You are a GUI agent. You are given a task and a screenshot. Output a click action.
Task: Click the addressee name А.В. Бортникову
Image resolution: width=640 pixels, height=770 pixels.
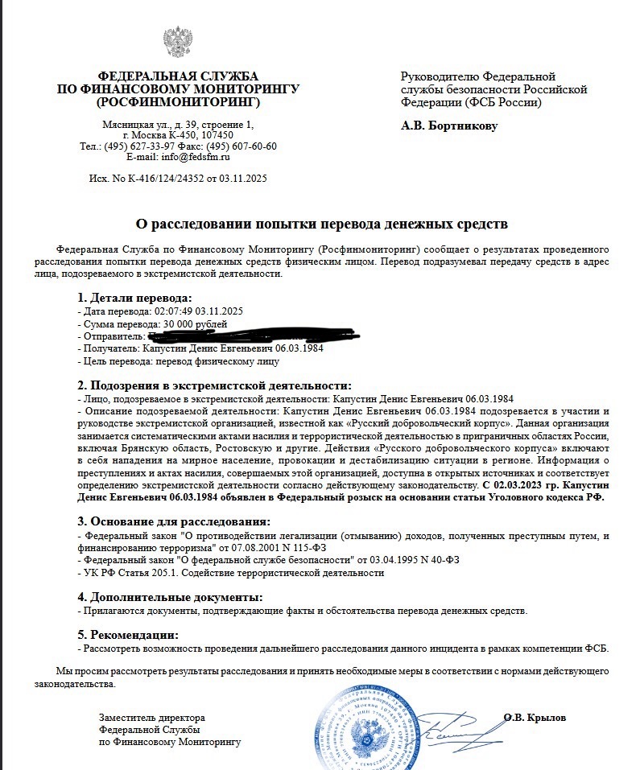(449, 126)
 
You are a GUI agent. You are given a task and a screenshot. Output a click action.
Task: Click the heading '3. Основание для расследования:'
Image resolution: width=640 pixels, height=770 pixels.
(174, 522)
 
